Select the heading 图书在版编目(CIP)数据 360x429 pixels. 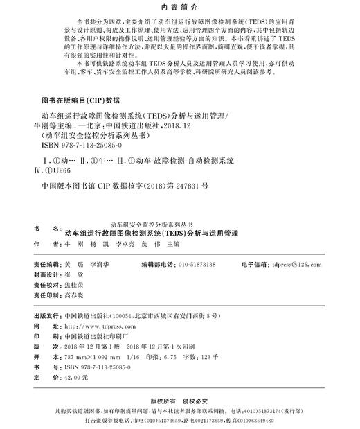(x=81, y=99)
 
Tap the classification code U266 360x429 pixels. (x=72, y=171)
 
